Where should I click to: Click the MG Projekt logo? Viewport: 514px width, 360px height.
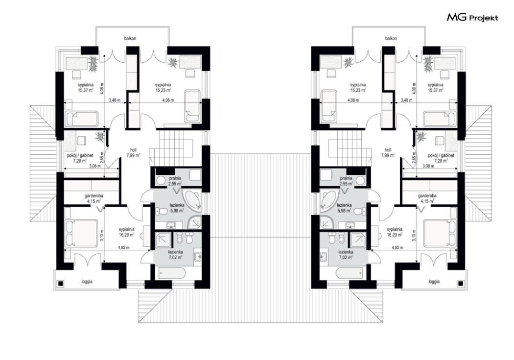472,17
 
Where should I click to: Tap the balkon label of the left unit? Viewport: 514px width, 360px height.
130,38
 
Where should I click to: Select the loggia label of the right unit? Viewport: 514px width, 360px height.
434,281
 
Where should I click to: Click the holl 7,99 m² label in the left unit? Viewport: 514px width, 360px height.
133,153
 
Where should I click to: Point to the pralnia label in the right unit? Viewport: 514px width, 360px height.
346,178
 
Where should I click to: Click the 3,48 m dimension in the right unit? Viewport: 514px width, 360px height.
406,100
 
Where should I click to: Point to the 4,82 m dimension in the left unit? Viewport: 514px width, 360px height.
124,247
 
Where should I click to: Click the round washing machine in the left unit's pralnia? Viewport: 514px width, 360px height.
161,180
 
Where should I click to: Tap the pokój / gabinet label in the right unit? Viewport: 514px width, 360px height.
441,155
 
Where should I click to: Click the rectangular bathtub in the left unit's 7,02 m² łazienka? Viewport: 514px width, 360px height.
172,272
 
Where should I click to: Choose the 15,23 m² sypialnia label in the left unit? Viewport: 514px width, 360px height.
163,87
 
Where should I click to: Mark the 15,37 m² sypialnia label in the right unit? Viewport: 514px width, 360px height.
435,87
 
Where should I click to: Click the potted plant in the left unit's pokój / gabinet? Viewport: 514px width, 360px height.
99,136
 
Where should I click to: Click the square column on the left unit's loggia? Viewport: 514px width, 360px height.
61,284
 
